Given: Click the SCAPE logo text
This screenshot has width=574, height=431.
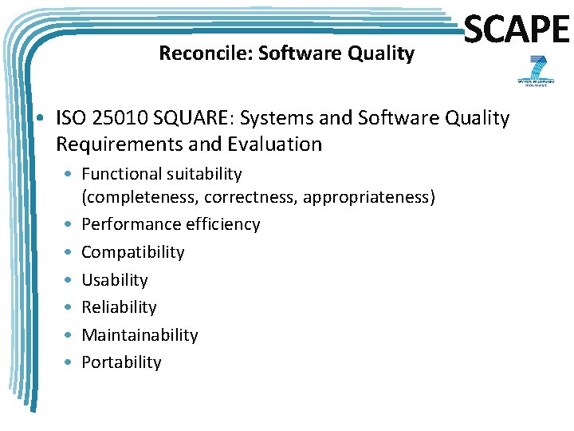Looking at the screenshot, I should tap(517, 30).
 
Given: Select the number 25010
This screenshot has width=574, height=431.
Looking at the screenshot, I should tap(119, 118).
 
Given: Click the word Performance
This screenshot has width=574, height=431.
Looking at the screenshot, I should tap(131, 224).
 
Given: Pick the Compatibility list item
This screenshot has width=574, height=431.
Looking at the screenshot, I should tap(132, 252).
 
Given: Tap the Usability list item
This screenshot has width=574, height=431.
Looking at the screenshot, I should tap(114, 279).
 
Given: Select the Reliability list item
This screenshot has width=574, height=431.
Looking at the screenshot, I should tap(119, 307).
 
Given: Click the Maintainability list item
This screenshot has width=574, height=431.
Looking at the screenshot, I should tap(140, 335).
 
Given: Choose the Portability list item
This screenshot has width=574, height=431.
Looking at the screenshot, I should tap(121, 362).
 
